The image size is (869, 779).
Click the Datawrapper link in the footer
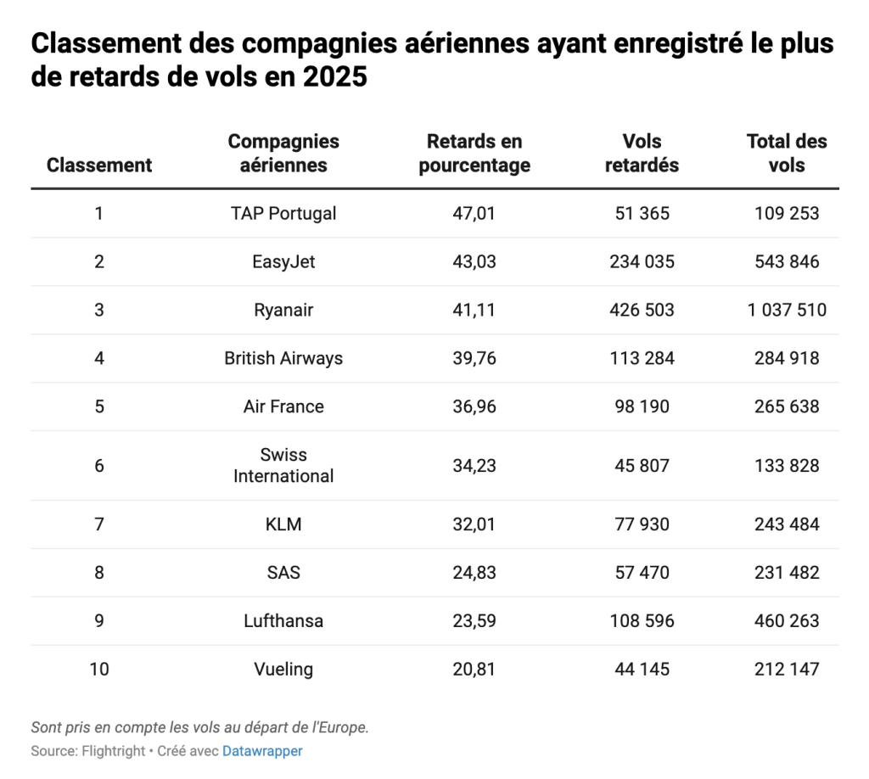[262, 751]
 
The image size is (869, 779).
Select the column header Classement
[99, 165]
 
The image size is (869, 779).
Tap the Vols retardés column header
[642, 154]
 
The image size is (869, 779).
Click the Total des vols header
[787, 154]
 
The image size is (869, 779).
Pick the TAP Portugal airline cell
[283, 213]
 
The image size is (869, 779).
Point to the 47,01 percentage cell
[474, 213]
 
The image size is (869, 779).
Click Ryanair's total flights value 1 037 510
[787, 310]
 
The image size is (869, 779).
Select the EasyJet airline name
[283, 261]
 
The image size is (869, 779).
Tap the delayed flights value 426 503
[642, 310]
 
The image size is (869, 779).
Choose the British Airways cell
[283, 358]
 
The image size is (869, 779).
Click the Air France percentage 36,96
[474, 406]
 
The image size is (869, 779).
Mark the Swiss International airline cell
[283, 465]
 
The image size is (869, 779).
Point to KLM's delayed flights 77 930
[642, 524]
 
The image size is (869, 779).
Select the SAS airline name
[283, 573]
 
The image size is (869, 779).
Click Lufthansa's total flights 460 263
[787, 621]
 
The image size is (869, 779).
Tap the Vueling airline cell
[283, 670]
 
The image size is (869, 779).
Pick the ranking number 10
[99, 670]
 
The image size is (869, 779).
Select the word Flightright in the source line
[113, 751]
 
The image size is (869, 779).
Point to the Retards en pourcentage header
[474, 154]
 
